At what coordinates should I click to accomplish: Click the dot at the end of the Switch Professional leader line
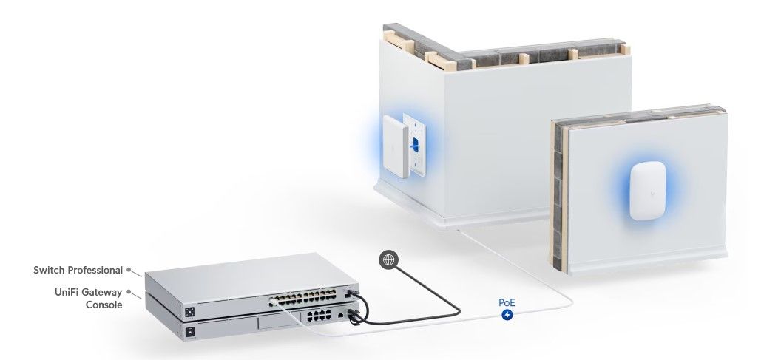129,269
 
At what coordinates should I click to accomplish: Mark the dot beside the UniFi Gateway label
129,292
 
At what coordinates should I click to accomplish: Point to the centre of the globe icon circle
388,259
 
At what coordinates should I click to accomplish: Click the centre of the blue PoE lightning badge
507,314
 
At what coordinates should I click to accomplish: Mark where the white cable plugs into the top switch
273,302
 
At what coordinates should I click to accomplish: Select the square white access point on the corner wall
395,146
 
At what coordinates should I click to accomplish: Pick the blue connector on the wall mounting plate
414,144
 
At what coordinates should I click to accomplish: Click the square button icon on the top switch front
190,312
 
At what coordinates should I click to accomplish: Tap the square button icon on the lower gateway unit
190,332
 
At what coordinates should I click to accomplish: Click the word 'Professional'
95,270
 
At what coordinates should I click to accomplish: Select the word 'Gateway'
102,292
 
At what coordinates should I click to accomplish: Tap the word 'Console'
104,305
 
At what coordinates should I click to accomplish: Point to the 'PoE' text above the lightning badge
507,302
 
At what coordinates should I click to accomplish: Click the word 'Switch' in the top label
50,270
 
